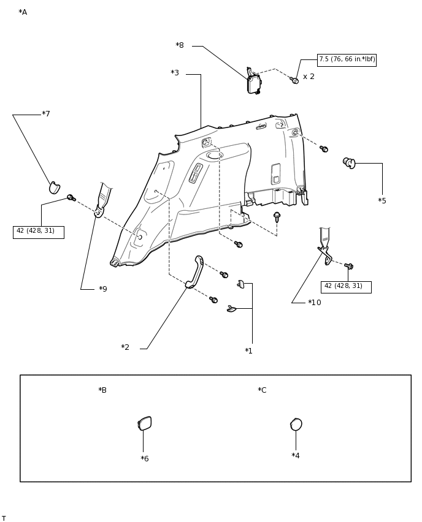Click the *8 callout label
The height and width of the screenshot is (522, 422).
coord(180,45)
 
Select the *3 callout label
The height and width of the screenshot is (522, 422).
coord(175,73)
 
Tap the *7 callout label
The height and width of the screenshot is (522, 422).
coord(46,114)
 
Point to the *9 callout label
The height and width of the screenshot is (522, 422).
coord(103,289)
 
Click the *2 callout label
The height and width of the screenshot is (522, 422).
coord(125,347)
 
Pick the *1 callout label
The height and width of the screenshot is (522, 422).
coord(248,351)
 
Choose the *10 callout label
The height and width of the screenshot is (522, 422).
coord(315,303)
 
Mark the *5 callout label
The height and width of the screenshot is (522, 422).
coord(382,201)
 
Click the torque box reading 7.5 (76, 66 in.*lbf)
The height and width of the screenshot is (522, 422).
coord(347,59)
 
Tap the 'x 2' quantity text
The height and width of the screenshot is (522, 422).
coord(309,77)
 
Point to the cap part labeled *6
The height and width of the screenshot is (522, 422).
coord(145,423)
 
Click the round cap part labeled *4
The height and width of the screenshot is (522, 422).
coord(296,425)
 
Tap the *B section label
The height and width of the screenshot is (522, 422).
coord(102,390)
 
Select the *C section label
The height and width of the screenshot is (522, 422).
coord(262,390)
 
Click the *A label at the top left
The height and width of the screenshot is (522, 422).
coord(23,12)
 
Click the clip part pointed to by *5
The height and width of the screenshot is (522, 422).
coord(349,162)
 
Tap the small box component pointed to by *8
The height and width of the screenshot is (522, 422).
coord(254,83)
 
